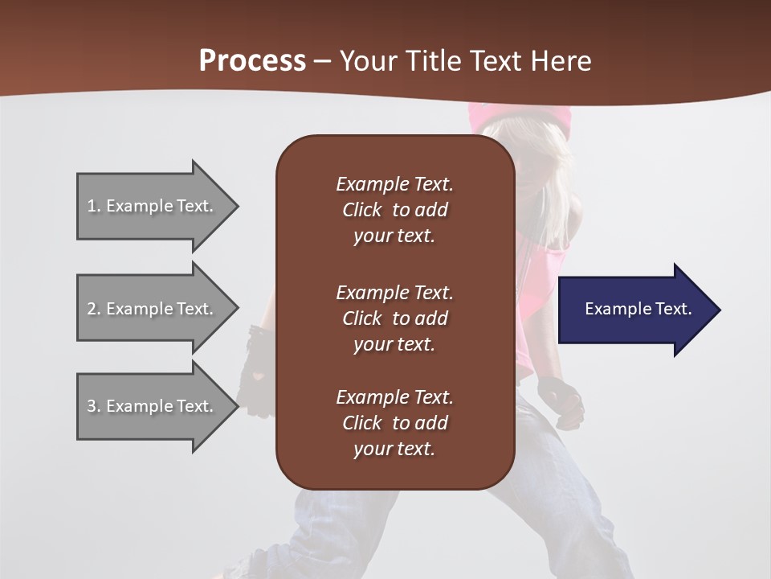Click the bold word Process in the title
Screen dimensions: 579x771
tap(252, 61)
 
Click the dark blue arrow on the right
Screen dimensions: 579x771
tap(634, 310)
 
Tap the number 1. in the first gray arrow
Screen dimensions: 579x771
tap(93, 206)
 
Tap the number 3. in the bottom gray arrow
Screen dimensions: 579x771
tap(93, 406)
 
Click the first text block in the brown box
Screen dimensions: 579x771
tap(394, 210)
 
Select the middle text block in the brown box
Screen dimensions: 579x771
tap(394, 318)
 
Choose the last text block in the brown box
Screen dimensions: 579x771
tap(394, 422)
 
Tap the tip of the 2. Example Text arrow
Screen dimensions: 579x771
tap(237, 309)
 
